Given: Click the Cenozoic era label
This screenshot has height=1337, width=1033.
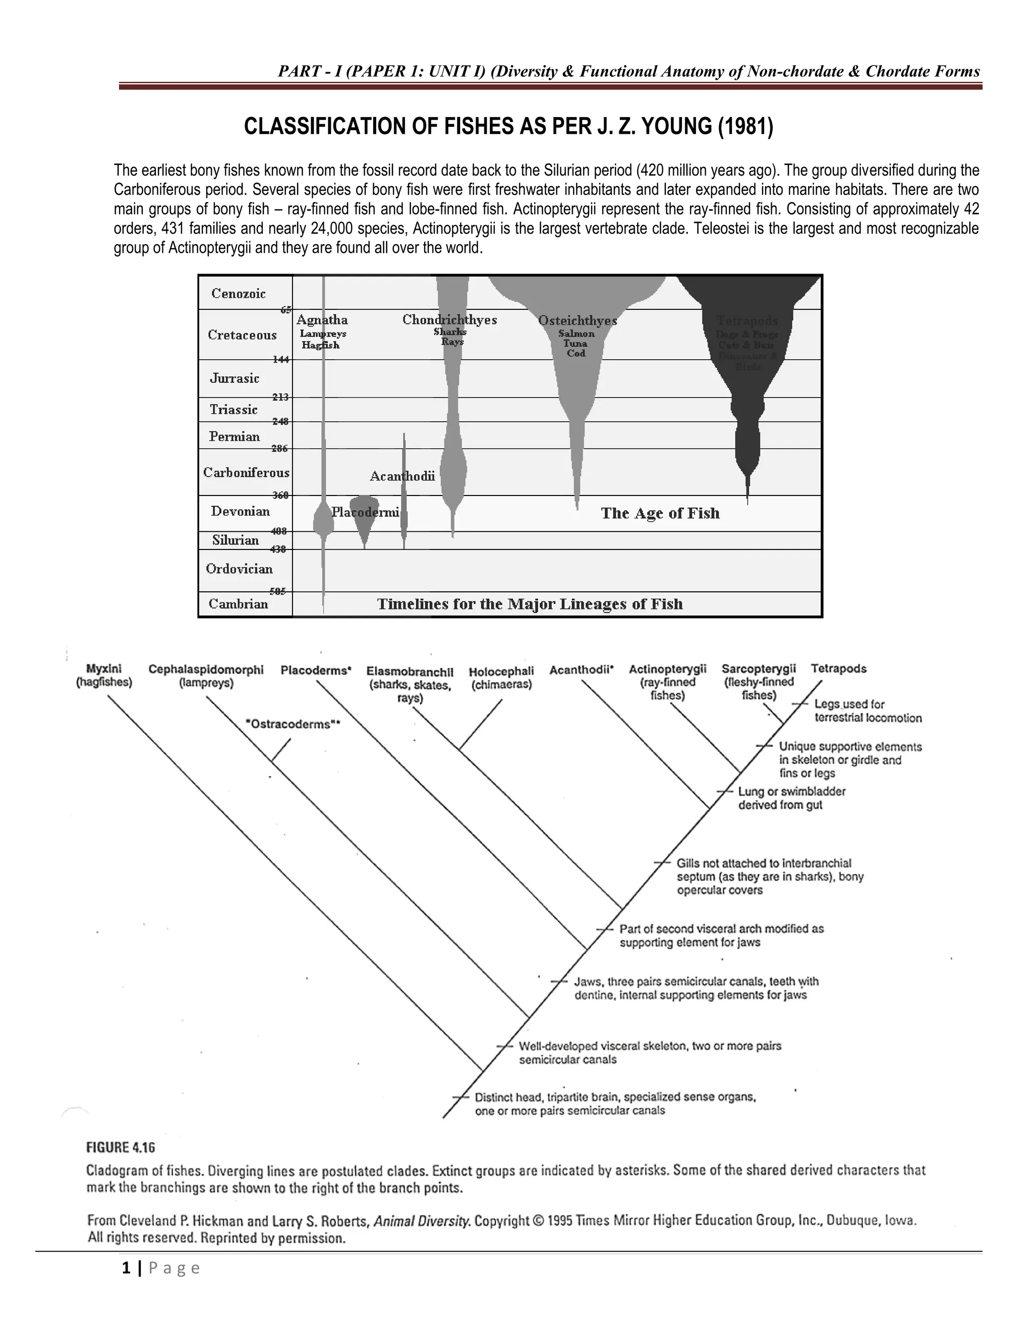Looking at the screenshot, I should [x=238, y=293].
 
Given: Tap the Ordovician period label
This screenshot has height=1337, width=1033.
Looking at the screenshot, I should [x=239, y=569].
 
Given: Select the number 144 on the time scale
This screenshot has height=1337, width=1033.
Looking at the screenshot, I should [x=280, y=359].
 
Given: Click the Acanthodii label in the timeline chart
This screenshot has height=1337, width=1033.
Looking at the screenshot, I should [x=402, y=476].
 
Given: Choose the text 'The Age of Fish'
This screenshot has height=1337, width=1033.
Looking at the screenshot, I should [x=660, y=513].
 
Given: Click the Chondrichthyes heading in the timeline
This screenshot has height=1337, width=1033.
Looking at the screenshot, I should [x=449, y=319].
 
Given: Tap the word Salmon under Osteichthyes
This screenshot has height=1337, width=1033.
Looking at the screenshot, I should [x=576, y=333].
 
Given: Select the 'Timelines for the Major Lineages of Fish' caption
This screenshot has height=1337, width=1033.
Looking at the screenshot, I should [x=529, y=604].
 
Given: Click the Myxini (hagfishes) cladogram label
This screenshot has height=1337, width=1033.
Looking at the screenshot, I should [x=104, y=676].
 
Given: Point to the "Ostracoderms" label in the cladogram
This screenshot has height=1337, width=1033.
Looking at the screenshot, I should [x=292, y=724].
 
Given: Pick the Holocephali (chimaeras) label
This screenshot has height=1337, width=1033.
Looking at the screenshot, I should [x=501, y=678].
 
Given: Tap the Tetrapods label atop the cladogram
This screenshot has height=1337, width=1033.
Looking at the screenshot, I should [x=838, y=668].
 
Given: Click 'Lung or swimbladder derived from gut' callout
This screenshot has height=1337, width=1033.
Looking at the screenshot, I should [x=791, y=798].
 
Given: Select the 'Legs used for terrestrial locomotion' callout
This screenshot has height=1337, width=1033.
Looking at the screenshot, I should [x=867, y=711].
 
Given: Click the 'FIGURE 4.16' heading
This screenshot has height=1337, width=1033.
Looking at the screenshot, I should [x=120, y=1147].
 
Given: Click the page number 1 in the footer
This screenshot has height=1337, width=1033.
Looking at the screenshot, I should [x=126, y=1268].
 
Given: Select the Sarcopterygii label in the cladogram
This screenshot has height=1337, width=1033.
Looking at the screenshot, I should [x=758, y=668].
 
